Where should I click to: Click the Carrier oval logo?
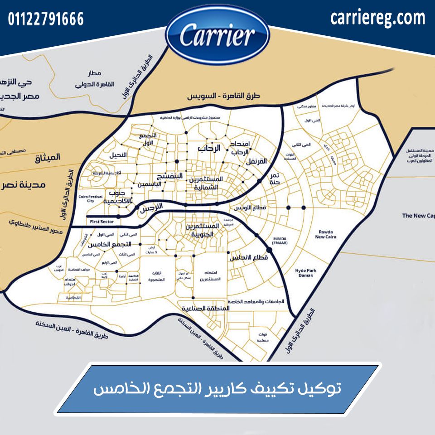(217, 36)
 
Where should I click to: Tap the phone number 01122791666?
(46, 19)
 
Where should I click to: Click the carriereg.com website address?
(378, 18)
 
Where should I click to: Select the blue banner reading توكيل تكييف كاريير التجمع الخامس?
(217, 389)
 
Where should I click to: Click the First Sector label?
(101, 222)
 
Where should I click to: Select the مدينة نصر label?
(34, 185)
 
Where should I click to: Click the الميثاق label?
(48, 158)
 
